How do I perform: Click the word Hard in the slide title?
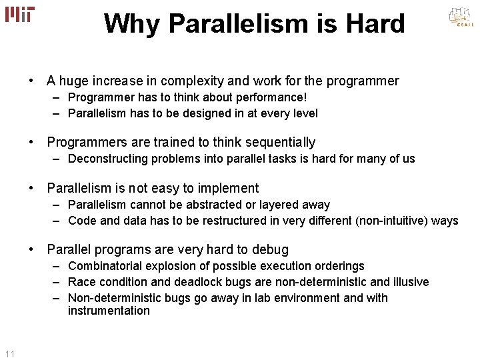pos(375,24)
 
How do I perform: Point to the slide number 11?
pos(9,353)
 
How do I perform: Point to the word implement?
pos(227,189)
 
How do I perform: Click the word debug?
pos(270,250)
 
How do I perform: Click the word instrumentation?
pos(109,311)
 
